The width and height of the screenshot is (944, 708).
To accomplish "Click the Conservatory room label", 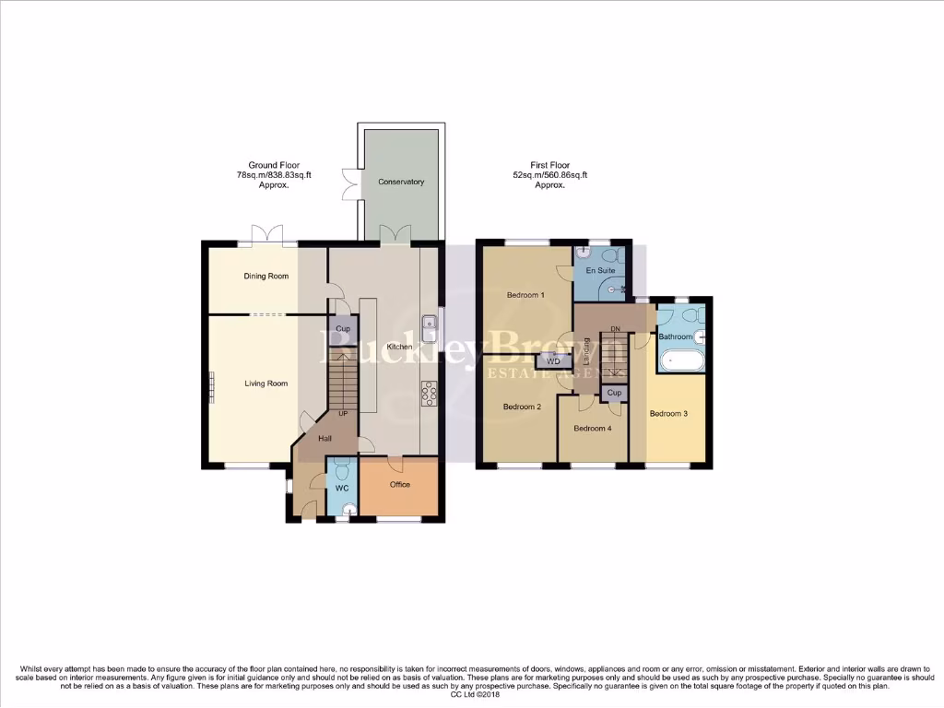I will (401, 182).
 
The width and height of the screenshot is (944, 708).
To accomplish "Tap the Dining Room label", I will (265, 276).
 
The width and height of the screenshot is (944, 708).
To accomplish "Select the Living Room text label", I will (265, 383).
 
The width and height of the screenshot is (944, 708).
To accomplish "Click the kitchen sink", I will (430, 324).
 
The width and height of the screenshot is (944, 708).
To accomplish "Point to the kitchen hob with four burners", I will (430, 393).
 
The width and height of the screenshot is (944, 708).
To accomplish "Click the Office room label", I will (399, 484).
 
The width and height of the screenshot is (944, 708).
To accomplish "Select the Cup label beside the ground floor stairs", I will (343, 329).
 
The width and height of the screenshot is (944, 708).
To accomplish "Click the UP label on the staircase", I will (344, 414).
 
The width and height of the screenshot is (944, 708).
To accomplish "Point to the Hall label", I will (325, 439).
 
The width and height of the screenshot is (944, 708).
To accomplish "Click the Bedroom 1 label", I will (525, 295).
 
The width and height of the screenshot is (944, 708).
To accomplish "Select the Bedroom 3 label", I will (668, 414).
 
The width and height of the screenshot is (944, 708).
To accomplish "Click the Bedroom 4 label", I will (592, 429).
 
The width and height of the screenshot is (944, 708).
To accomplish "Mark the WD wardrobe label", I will (553, 361).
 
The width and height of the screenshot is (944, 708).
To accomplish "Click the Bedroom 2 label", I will (522, 407).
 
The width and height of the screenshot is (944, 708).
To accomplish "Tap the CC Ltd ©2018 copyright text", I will (472, 695).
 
